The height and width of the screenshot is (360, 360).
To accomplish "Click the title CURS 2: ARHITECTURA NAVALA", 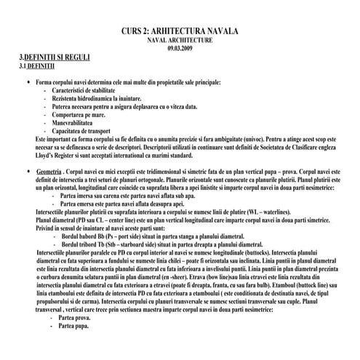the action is pos(180,33).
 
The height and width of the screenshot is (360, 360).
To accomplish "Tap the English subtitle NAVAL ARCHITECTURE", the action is pos(180,41).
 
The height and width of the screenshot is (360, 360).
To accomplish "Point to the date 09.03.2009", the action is pos(180,49).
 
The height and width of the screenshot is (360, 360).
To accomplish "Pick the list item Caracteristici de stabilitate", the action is pos(89,91).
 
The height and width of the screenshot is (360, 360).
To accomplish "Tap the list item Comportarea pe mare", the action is pos(81,115).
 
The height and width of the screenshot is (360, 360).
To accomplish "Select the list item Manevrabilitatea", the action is pos(76,123).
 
